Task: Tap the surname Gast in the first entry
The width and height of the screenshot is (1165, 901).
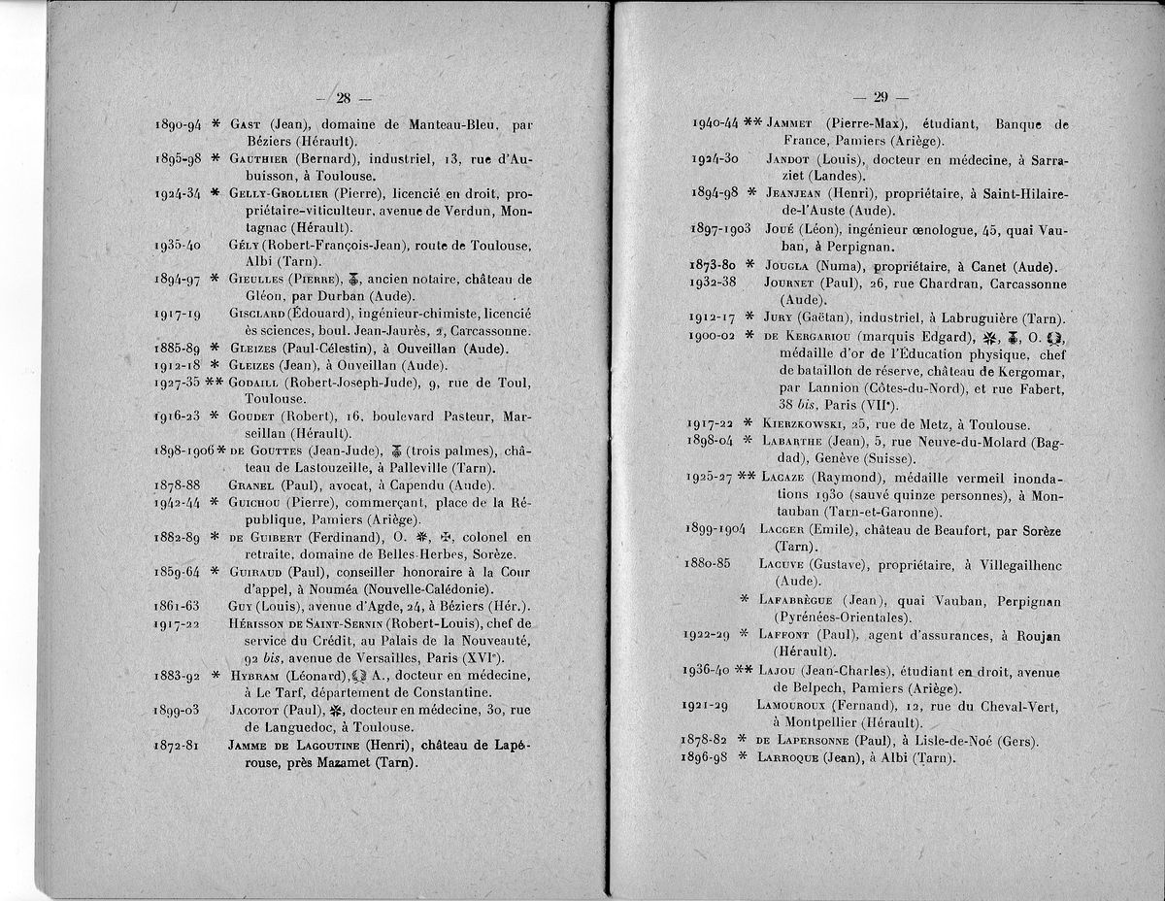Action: coord(249,124)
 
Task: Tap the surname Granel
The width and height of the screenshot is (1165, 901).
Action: coord(250,484)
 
